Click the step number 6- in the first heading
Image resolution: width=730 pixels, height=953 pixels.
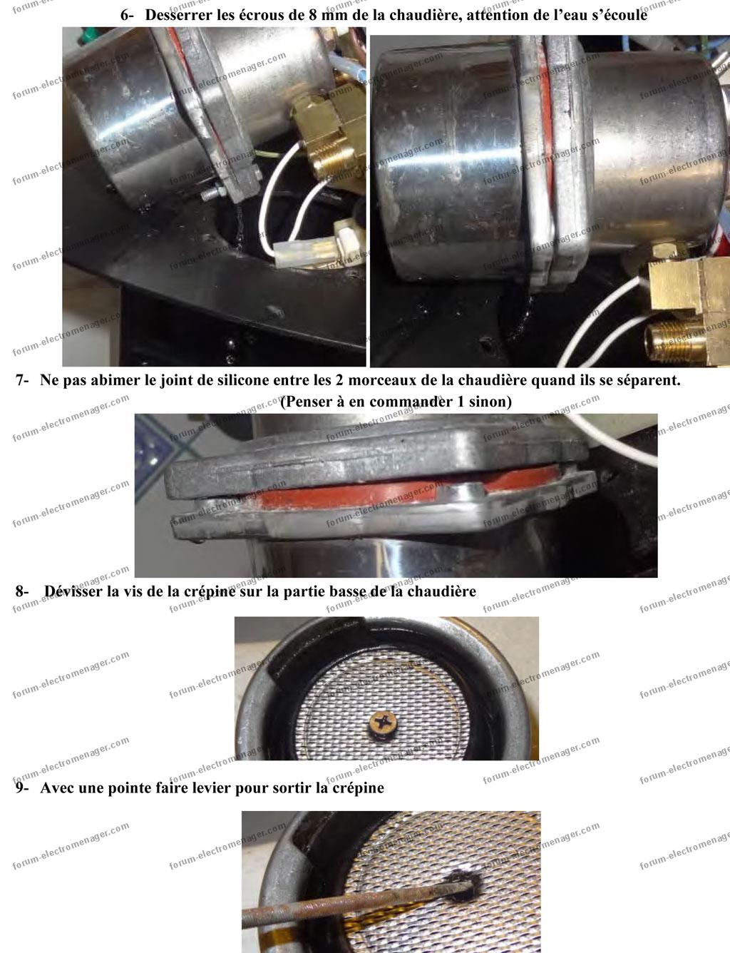click(x=127, y=16)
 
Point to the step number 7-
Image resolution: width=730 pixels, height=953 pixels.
click(x=22, y=380)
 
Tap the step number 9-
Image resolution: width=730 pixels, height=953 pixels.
click(x=22, y=788)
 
